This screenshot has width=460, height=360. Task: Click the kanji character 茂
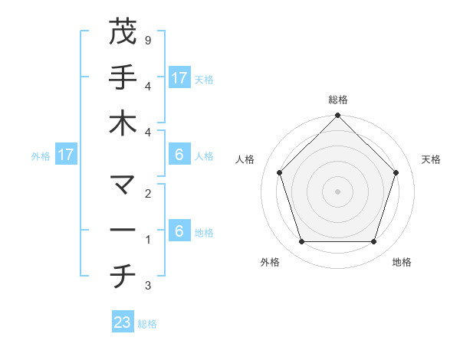click(123, 32)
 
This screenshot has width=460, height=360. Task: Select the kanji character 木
click(123, 123)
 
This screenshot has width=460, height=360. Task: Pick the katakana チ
click(123, 277)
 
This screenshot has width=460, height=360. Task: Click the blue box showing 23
click(123, 322)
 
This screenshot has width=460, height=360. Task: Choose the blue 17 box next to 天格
click(179, 78)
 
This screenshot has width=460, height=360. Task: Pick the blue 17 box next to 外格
click(66, 155)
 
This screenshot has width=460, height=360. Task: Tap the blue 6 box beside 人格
click(179, 155)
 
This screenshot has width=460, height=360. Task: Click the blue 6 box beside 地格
click(179, 231)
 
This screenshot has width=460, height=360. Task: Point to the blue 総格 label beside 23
click(147, 324)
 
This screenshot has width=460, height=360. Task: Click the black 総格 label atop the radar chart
click(337, 100)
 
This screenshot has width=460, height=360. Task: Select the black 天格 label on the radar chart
click(431, 159)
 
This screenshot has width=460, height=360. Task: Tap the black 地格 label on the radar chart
click(402, 262)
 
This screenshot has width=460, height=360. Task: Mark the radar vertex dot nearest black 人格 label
click(280, 172)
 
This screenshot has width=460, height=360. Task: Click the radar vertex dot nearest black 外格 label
click(301, 242)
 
